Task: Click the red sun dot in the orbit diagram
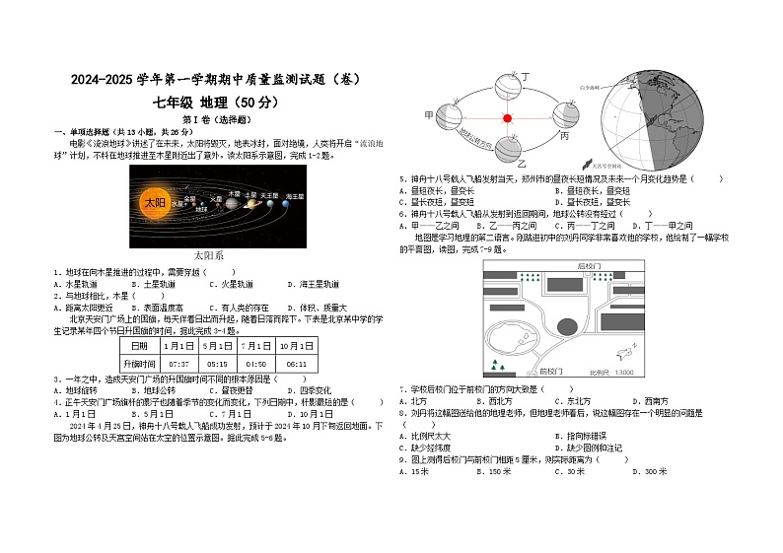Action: pos(508,118)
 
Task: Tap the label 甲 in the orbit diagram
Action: pos(428,115)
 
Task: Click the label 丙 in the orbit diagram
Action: pos(564,136)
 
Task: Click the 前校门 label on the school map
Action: pos(551,373)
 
